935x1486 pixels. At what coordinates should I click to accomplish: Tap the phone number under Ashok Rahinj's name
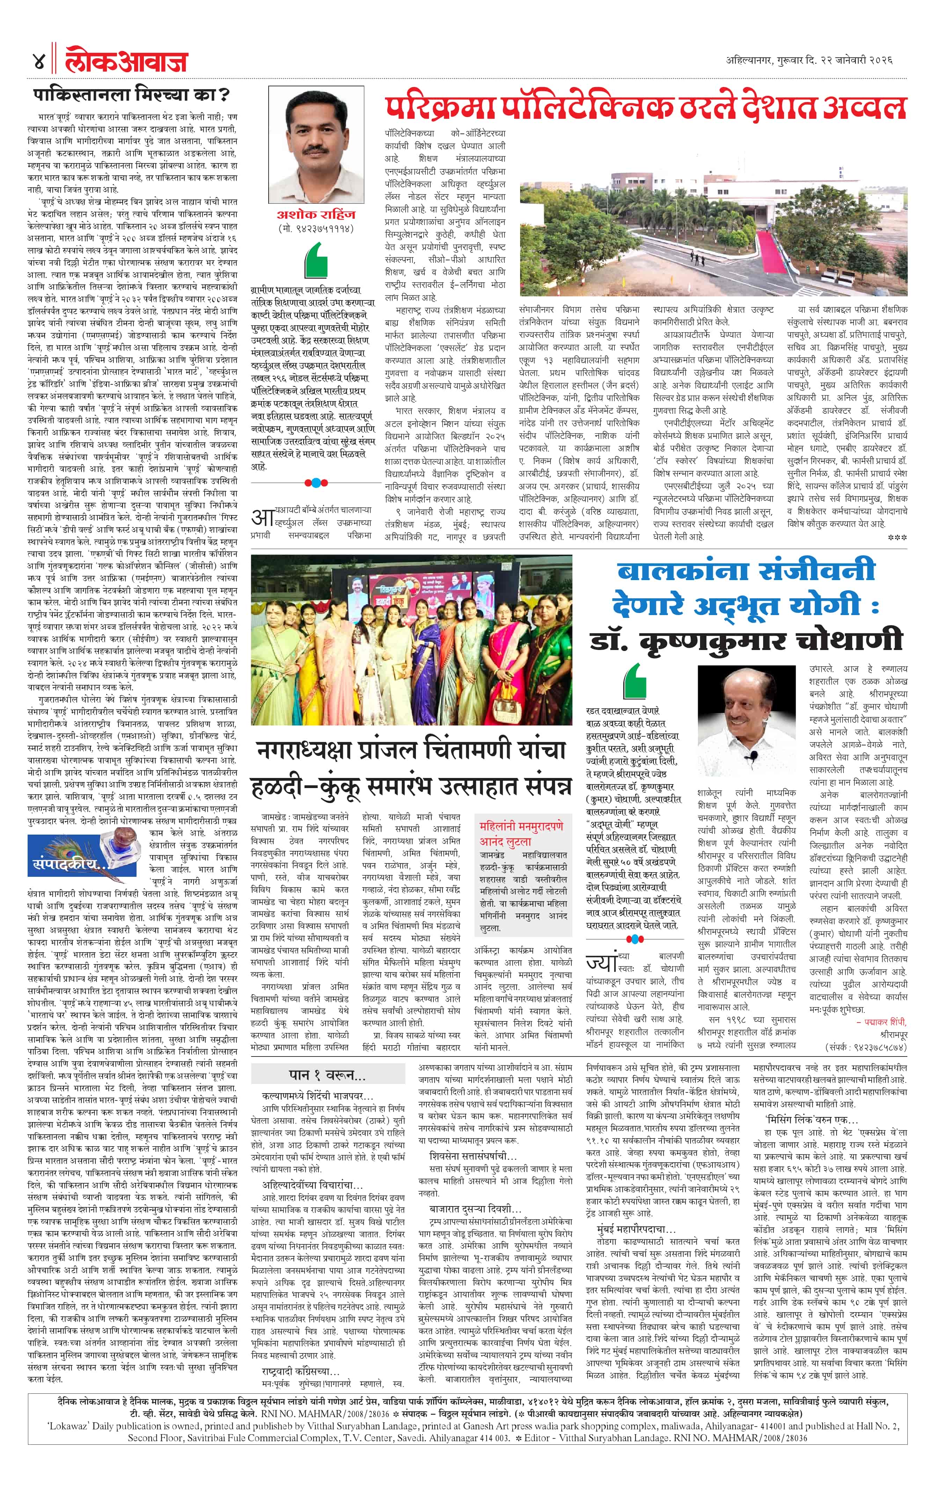(x=316, y=228)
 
